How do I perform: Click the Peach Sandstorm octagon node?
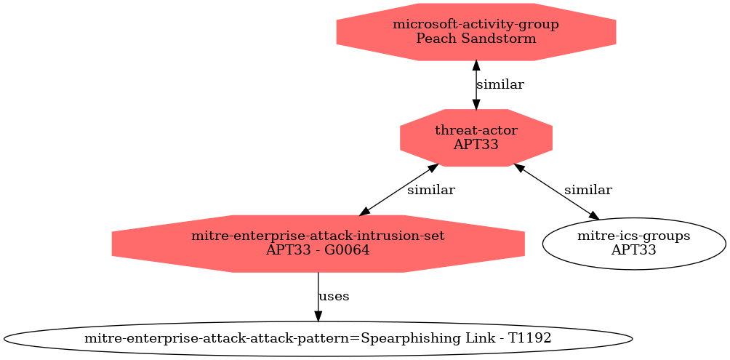[x=476, y=32]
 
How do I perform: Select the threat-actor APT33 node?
[x=476, y=138]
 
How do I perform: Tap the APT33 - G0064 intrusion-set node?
[x=318, y=244]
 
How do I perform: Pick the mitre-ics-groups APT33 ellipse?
[x=633, y=244]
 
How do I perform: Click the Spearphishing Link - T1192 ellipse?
[x=318, y=339]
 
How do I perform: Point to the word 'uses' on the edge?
[x=333, y=296]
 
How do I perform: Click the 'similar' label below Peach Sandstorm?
[x=500, y=85]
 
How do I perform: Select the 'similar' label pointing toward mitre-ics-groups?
[x=588, y=190]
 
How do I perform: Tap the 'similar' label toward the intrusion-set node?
[x=431, y=190]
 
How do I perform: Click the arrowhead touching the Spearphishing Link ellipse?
[x=318, y=316]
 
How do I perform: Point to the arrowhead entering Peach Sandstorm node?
[x=476, y=66]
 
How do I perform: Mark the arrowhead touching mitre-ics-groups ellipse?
[x=594, y=215]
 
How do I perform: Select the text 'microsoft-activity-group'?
[x=476, y=25]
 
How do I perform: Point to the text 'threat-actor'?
[x=476, y=131]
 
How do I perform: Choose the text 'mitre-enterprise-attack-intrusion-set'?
[x=318, y=236]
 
